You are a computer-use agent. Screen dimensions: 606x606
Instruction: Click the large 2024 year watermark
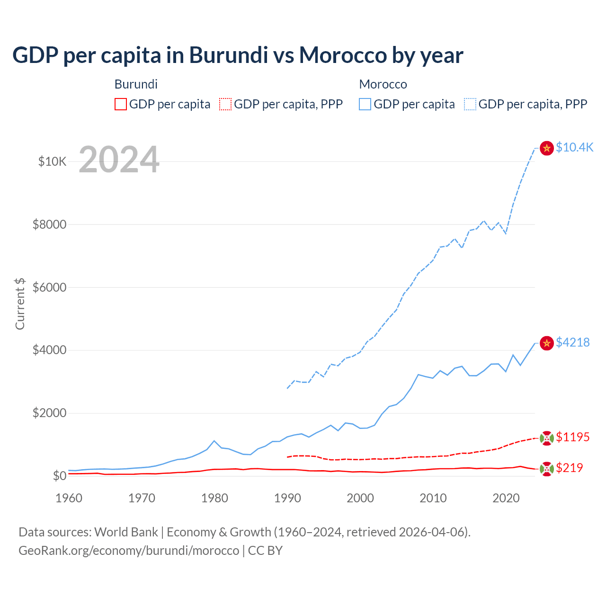click(x=119, y=160)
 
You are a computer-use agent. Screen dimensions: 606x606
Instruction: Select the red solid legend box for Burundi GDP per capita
click(x=121, y=104)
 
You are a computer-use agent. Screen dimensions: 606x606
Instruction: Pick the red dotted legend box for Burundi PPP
click(x=225, y=104)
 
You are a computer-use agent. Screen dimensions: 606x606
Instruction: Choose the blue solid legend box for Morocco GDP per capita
click(x=365, y=104)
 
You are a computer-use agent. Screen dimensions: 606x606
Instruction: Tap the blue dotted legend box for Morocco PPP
click(x=470, y=104)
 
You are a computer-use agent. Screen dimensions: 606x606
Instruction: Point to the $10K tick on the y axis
click(x=52, y=161)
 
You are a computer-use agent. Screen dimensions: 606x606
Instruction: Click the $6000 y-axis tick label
click(x=49, y=287)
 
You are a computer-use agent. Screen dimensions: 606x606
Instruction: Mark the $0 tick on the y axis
click(x=59, y=476)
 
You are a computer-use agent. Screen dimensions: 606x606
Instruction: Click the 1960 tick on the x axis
click(x=69, y=498)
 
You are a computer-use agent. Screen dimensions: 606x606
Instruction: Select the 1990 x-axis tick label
click(x=287, y=498)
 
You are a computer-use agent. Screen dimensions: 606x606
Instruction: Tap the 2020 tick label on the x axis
click(x=506, y=498)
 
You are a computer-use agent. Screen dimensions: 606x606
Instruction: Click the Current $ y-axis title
click(x=20, y=303)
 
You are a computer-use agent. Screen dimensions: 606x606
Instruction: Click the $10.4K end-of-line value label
click(x=574, y=147)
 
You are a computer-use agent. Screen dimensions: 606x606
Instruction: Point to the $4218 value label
click(x=572, y=342)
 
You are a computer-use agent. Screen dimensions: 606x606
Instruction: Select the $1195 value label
click(x=572, y=437)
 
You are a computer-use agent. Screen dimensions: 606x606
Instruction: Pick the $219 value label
click(x=569, y=468)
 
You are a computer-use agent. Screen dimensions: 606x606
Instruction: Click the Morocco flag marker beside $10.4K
click(x=547, y=148)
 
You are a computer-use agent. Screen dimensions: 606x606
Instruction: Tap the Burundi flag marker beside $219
click(x=547, y=469)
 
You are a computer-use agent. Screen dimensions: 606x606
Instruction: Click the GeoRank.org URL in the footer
click(x=129, y=551)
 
